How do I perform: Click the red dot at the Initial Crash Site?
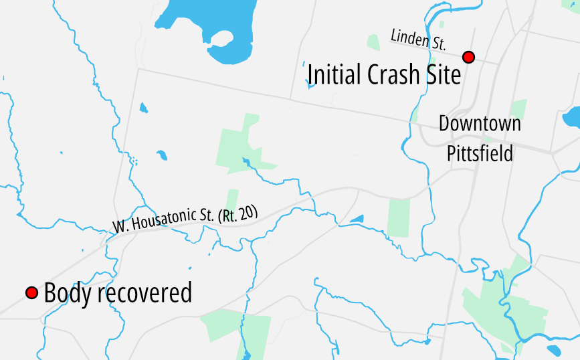[x=469, y=57]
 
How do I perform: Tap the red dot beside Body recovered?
[x=31, y=293]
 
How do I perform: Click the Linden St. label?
[x=418, y=39]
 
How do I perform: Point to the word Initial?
[x=334, y=74]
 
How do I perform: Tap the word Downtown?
[x=480, y=124]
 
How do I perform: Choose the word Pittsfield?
[x=480, y=153]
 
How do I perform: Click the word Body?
[x=67, y=293]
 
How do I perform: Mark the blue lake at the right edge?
[x=572, y=118]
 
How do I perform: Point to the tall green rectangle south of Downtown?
[x=398, y=217]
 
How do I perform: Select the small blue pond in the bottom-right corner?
[x=555, y=351]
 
